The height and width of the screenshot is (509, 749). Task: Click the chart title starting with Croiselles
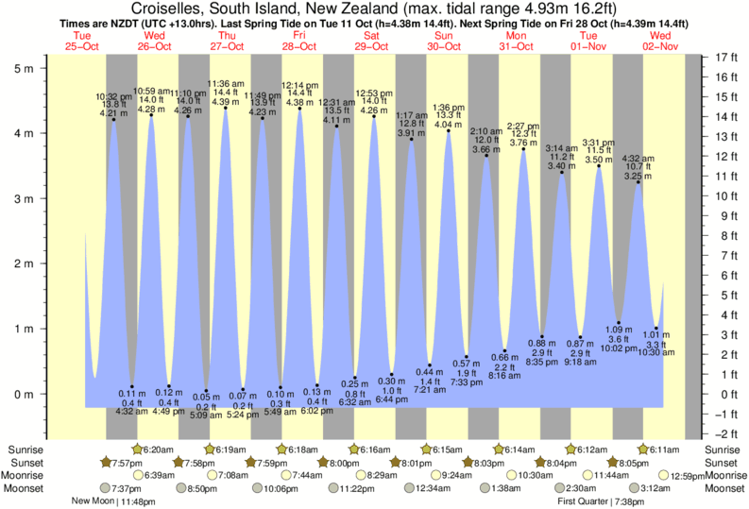[373, 9]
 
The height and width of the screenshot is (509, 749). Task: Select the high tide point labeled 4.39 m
[225, 108]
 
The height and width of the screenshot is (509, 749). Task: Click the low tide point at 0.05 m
[206, 391]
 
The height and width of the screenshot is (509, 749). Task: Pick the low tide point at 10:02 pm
[619, 323]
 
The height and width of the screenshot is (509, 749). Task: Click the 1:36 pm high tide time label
[448, 107]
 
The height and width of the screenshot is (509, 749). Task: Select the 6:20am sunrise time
[162, 450]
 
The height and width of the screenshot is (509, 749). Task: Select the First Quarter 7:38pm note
[602, 501]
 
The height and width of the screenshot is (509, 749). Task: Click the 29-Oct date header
[371, 45]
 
